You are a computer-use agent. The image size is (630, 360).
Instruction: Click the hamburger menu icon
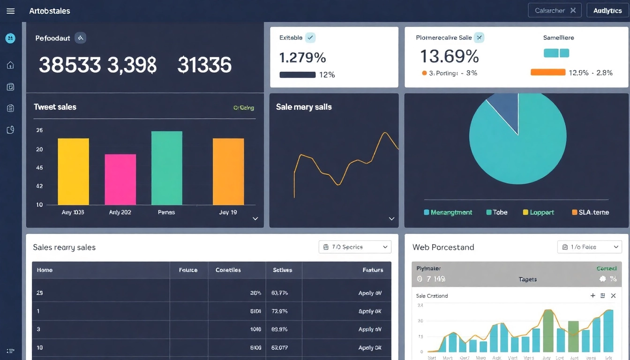tap(10, 11)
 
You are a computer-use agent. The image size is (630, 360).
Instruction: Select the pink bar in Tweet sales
tap(120, 179)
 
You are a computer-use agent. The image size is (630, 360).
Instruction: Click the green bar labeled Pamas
tap(166, 168)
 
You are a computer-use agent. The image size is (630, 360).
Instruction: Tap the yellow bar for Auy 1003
tap(73, 171)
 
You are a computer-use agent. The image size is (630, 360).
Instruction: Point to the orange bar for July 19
tap(228, 171)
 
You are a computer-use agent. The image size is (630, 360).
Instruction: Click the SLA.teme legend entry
tap(590, 212)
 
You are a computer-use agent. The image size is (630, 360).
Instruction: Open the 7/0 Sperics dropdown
tap(354, 247)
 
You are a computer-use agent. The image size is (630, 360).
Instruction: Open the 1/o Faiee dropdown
tap(589, 247)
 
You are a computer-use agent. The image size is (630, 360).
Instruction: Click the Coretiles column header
tap(228, 270)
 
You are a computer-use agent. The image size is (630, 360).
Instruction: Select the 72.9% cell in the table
tap(279, 311)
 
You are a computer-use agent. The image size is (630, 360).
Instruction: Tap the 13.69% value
tap(449, 57)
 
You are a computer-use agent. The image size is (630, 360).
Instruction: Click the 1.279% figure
tap(302, 58)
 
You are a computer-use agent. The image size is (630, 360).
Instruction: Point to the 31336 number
tap(204, 65)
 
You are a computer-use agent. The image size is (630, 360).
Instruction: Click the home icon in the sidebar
tap(10, 65)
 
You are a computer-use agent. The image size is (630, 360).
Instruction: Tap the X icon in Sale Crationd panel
tap(613, 296)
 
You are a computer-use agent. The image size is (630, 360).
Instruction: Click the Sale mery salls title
tap(304, 107)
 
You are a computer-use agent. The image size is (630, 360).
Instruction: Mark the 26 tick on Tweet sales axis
tap(39, 130)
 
